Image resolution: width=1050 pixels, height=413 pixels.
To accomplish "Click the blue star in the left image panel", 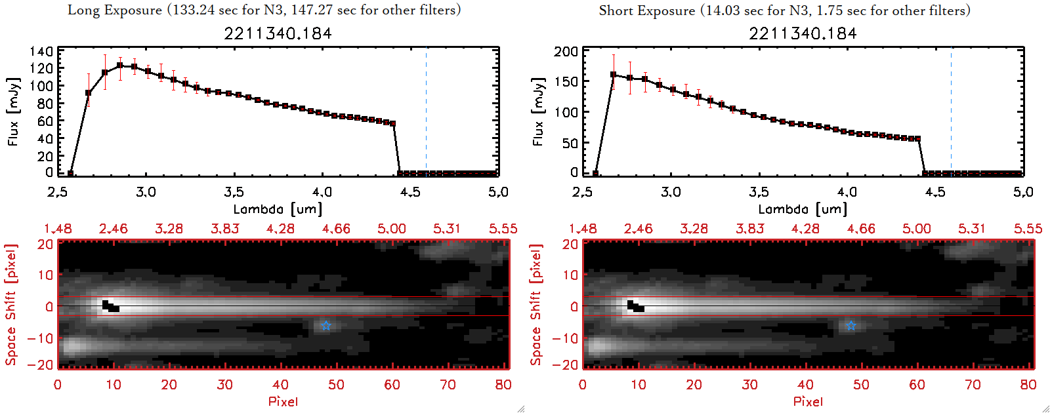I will tap(325, 326).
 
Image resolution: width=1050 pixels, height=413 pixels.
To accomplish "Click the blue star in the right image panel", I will tap(850, 326).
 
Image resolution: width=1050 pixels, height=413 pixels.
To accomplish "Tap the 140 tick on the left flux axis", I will tap(41, 51).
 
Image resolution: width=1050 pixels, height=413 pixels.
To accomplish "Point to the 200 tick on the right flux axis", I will tap(566, 51).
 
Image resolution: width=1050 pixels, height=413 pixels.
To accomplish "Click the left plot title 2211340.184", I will tap(278, 33).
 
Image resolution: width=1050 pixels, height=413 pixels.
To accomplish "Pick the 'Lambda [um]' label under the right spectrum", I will tap(803, 209).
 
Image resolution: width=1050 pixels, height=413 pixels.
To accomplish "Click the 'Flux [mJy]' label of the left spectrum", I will tap(13, 111).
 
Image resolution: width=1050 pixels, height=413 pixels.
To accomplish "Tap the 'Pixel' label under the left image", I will tap(283, 401).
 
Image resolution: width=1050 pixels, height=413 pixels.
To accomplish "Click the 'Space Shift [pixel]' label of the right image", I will tap(536, 305).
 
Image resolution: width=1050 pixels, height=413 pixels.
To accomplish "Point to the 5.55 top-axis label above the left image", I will tap(503, 229).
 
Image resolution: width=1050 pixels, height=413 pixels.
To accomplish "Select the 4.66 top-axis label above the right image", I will tap(860, 229).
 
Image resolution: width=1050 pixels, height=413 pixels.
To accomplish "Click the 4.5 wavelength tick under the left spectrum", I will tap(410, 192).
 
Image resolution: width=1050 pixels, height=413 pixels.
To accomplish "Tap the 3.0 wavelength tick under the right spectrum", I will tap(671, 192).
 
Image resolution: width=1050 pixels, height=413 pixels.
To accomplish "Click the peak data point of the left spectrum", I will tap(120, 66).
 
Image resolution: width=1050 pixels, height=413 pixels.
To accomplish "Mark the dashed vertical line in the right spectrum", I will tap(951, 111).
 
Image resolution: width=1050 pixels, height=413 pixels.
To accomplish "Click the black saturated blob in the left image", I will tap(110, 306).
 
